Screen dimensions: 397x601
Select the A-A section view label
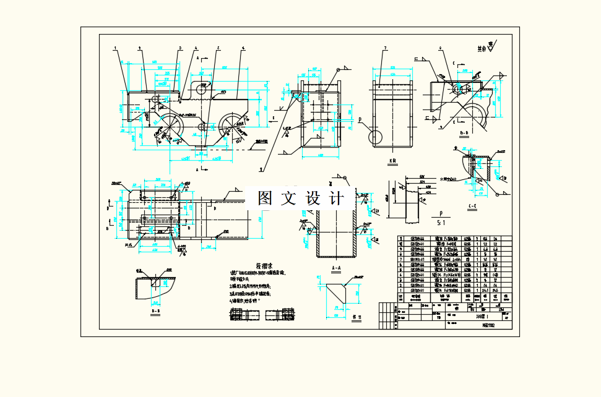point(337,268)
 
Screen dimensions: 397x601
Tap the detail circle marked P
point(375,135)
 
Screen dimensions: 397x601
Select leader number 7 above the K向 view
point(384,48)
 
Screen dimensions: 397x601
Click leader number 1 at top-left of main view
point(115,48)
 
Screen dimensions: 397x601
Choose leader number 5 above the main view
point(218,48)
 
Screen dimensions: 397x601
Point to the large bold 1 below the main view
point(261,168)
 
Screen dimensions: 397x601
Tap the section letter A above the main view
point(197,58)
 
